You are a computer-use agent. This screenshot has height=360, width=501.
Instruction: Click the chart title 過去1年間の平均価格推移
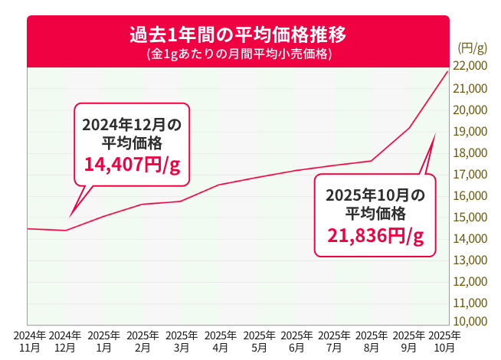pos(237,35)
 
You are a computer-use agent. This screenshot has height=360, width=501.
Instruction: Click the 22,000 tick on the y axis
pos(470,67)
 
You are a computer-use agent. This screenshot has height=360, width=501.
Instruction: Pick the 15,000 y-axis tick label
pos(470,217)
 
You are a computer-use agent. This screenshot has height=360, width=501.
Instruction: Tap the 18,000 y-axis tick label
pos(470,152)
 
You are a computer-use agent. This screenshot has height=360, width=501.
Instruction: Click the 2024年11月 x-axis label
pos(29,342)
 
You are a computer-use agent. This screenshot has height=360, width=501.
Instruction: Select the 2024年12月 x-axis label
pos(66,342)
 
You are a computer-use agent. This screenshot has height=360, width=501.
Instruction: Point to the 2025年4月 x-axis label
pos(219,342)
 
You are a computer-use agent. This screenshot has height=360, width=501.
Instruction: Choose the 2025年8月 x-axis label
pos(372,342)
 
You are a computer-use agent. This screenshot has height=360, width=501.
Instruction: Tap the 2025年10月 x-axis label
pos(445,342)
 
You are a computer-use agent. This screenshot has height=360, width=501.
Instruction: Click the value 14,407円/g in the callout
pos(132,165)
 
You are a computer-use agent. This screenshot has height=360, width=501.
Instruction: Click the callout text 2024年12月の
pos(132,124)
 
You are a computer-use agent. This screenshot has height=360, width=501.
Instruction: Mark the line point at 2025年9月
pos(410,127)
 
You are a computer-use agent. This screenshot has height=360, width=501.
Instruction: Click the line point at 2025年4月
pos(219,185)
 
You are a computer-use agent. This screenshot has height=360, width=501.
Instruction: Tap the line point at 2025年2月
pos(142,205)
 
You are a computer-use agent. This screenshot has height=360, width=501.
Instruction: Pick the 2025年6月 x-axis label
pos(296,342)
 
